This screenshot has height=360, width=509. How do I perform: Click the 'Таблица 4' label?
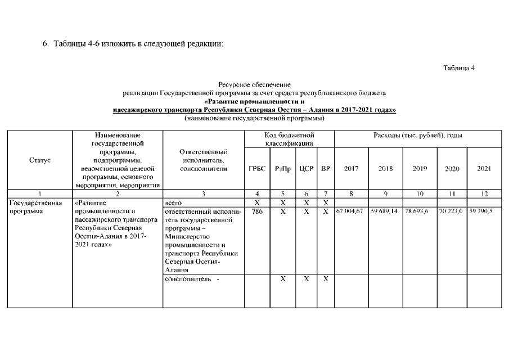[x=459, y=68]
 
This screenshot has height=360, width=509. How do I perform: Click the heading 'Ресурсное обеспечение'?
[x=254, y=84]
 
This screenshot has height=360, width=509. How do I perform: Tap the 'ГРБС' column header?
[x=256, y=169]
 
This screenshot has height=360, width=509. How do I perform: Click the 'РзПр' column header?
[x=283, y=169]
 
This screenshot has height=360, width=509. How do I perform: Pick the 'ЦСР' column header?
[x=307, y=169]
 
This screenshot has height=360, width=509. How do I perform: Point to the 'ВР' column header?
[x=326, y=169]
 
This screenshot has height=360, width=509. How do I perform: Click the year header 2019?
[x=420, y=169]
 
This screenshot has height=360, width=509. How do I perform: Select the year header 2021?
[x=484, y=169]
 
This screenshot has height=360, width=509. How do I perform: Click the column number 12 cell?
[x=484, y=193]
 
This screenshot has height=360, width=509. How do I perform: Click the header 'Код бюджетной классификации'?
[x=289, y=139]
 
